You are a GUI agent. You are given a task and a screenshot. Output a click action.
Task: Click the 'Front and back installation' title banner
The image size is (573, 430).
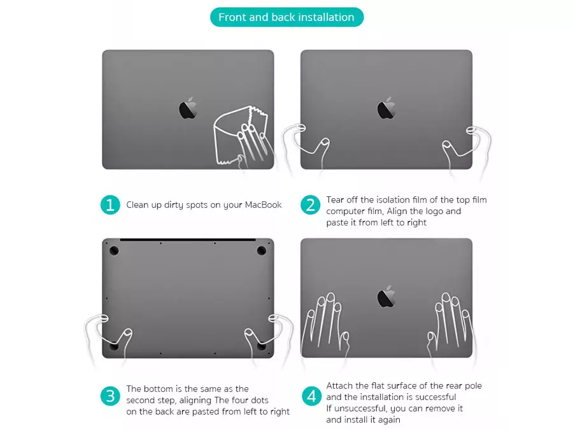(x=287, y=17)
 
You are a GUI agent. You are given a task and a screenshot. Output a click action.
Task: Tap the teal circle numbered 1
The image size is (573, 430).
(x=110, y=204)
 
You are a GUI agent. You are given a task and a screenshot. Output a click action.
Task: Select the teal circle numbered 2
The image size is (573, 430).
(x=310, y=204)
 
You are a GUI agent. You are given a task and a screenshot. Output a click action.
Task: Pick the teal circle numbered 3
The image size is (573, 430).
(x=110, y=396)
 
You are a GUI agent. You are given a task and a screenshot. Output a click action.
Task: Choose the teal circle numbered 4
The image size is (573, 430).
(x=311, y=396)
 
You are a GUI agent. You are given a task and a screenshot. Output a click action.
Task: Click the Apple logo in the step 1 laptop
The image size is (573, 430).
(x=188, y=108)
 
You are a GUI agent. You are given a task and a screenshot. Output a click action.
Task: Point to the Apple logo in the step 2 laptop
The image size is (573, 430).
(x=386, y=108)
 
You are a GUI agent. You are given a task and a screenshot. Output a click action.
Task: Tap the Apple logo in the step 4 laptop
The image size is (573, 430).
(x=386, y=296)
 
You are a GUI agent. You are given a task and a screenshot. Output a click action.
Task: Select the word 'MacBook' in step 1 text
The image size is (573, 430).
(x=263, y=204)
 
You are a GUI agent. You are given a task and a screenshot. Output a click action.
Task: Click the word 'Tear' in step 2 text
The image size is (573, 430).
(x=335, y=199)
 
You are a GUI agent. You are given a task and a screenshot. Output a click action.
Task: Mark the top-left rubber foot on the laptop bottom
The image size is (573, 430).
(x=114, y=251)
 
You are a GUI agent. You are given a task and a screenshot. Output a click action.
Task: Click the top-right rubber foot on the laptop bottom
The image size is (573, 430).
(x=261, y=251)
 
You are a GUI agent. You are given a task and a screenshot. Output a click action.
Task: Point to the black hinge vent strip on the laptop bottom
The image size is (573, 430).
(x=188, y=240)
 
